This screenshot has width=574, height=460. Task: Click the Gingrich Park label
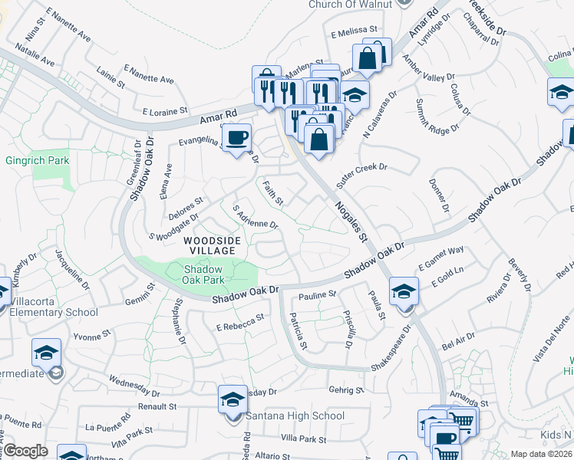coord(37,160)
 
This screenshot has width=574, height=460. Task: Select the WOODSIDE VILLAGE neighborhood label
coord(211,246)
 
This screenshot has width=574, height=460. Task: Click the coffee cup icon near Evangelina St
coord(236,137)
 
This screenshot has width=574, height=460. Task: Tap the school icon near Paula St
coord(404,291)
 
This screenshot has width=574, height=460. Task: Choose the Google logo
coord(25,451)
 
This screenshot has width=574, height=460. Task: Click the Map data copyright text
coord(541,454)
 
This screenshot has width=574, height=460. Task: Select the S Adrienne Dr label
coord(254,218)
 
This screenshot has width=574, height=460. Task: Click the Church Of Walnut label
coord(350,5)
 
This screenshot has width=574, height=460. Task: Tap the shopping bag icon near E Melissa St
coord(368,57)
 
